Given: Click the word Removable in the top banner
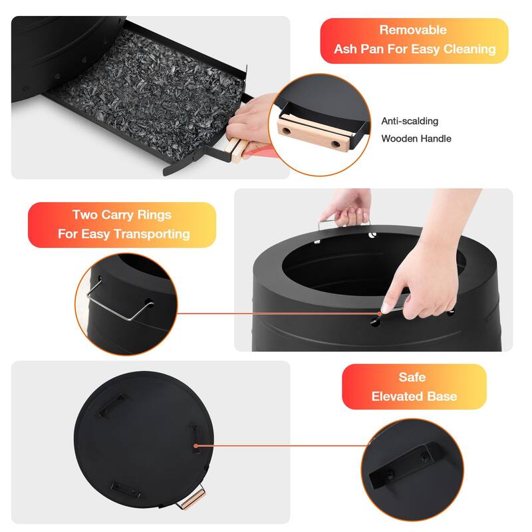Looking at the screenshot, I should click(413, 30).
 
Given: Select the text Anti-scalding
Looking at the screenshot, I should click(410, 121).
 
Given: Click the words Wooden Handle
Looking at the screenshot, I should click(416, 139).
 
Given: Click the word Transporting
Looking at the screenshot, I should click(152, 234).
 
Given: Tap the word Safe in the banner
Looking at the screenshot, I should click(412, 377).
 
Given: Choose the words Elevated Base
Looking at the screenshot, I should click(414, 396).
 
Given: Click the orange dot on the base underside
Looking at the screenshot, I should click(196, 446).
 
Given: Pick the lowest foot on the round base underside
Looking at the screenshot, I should click(126, 489).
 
